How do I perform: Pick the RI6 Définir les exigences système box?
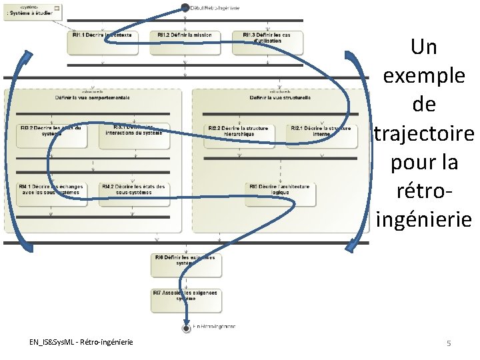click(x=186, y=264)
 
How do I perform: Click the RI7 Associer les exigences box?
click(x=186, y=298)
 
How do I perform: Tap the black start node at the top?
click(x=185, y=7)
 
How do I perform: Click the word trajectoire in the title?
click(x=424, y=133)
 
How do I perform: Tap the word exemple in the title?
click(x=424, y=76)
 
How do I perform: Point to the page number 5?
click(x=449, y=343)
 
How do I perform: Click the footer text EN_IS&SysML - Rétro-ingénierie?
click(x=81, y=342)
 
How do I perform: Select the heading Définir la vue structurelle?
click(x=280, y=97)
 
